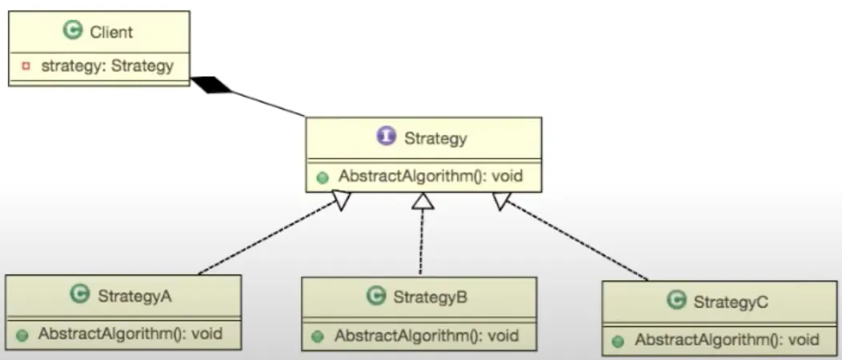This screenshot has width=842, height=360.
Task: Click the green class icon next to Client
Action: (73, 30)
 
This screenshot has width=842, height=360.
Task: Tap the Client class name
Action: (111, 32)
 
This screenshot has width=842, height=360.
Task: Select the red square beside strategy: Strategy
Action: (26, 66)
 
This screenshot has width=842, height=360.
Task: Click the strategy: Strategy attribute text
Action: (107, 66)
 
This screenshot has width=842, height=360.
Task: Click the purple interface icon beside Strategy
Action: (386, 136)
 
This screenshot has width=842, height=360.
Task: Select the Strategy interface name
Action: (435, 138)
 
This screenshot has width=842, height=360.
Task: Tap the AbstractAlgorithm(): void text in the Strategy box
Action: (430, 176)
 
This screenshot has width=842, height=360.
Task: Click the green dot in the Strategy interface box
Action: (323, 178)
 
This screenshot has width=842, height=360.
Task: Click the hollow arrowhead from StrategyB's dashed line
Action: (423, 201)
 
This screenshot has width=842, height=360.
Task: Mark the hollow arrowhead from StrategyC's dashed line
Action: (502, 201)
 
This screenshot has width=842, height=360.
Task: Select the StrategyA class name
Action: (134, 296)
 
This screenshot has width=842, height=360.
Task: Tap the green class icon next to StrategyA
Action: (80, 294)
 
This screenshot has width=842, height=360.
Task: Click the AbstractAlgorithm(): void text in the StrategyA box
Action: (130, 334)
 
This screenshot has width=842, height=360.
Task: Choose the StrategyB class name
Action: (430, 298)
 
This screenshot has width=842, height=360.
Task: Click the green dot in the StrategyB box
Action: (318, 337)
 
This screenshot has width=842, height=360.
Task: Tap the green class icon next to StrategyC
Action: (676, 299)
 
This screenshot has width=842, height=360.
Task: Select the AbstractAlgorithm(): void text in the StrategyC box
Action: (727, 340)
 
